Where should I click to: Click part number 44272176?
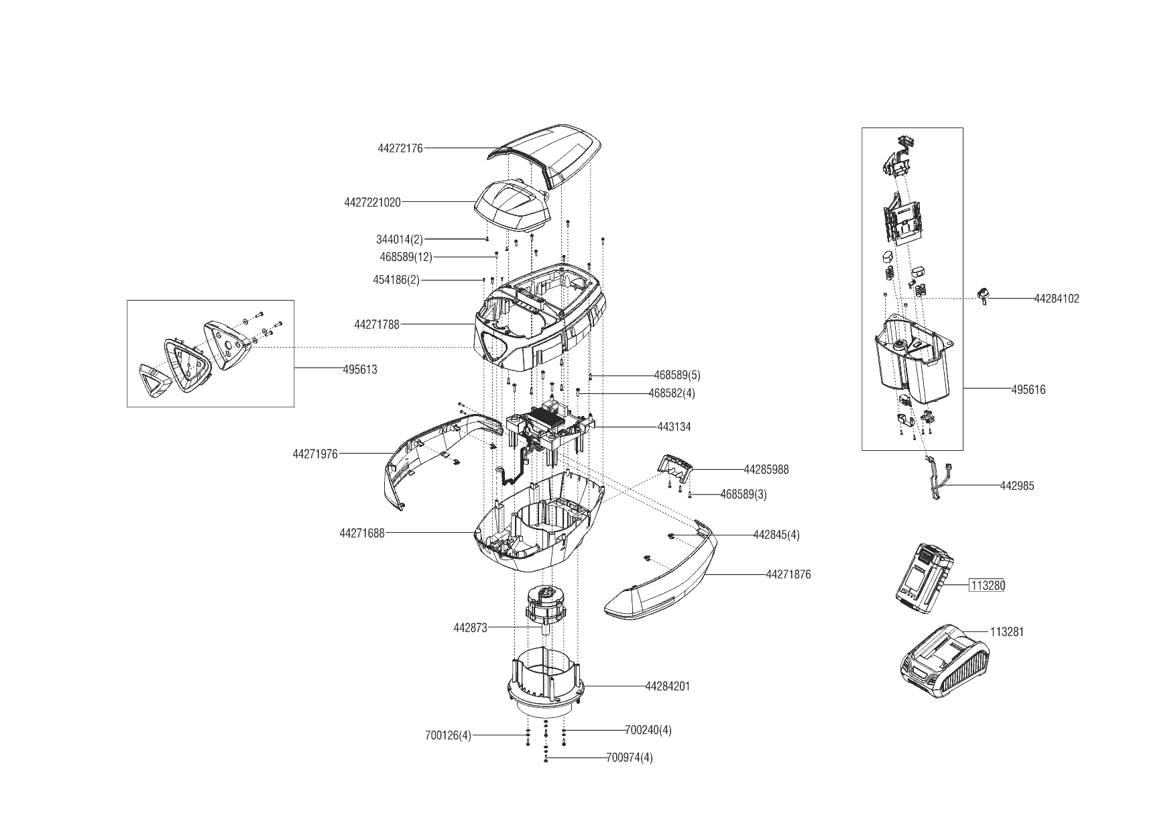point(400,148)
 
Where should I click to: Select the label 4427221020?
point(372,202)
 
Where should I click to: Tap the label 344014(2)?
point(400,240)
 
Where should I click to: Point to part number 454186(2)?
point(396,280)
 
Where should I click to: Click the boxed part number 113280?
point(988,586)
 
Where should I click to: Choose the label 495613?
point(360,370)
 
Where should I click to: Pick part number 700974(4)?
point(630,758)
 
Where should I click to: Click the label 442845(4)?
point(776,535)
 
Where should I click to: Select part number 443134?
point(674,427)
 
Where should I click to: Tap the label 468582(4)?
point(672,393)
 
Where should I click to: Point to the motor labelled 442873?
point(544,610)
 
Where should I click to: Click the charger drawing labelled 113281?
point(944,661)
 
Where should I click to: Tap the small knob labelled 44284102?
point(983,296)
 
